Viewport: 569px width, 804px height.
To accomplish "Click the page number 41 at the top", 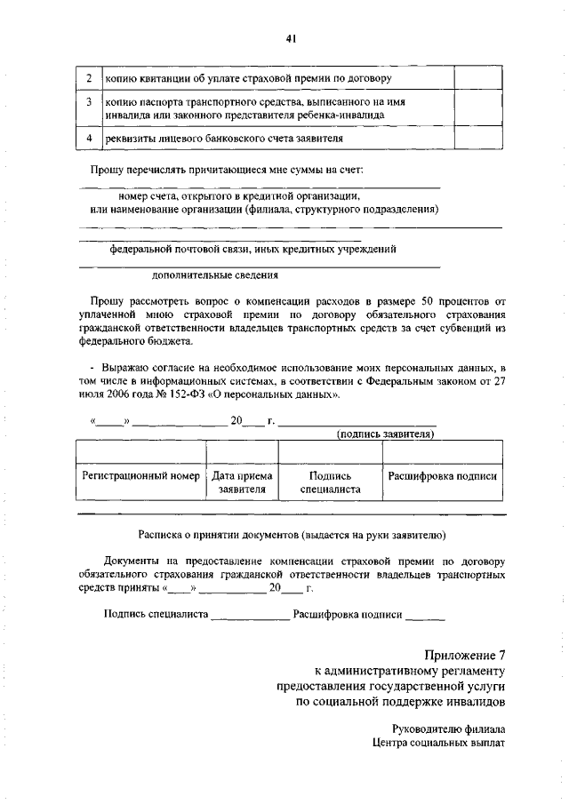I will pyautogui.click(x=291, y=37).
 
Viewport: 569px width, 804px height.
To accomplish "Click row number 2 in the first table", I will pyautogui.click(x=89, y=78).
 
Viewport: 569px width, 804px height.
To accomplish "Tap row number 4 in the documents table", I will pyautogui.click(x=89, y=139).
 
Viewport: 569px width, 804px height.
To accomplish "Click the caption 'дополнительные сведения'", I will pyautogui.click(x=216, y=275).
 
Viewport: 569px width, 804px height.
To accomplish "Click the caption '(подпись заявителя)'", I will pyautogui.click(x=384, y=434).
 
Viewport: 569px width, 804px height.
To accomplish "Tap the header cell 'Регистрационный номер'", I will pyautogui.click(x=141, y=476).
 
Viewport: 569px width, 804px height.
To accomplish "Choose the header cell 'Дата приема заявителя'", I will pyautogui.click(x=242, y=482).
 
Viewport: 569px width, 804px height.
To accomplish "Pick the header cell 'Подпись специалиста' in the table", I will pyautogui.click(x=330, y=482).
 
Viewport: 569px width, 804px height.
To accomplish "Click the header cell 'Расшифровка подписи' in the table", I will pyautogui.click(x=443, y=476).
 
